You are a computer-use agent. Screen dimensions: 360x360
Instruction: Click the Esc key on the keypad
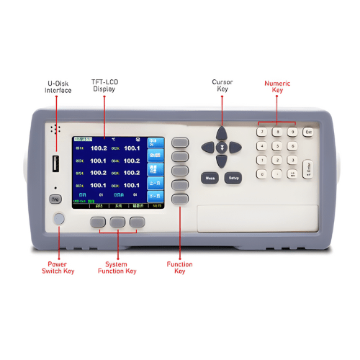click(x=308, y=132)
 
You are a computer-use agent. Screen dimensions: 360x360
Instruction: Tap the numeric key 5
click(x=276, y=146)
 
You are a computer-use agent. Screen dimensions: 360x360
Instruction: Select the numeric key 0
click(x=261, y=174)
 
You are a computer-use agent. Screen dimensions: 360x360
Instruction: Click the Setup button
click(x=233, y=177)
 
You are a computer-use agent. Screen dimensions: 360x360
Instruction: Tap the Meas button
click(x=210, y=177)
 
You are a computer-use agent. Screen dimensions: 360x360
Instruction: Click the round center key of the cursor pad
click(x=222, y=147)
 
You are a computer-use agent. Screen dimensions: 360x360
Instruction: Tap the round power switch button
click(x=58, y=219)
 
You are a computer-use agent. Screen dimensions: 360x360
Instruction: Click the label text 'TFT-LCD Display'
click(x=104, y=86)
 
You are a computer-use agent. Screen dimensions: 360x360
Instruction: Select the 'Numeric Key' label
click(x=277, y=87)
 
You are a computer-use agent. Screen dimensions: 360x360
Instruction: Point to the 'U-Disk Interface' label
click(x=58, y=87)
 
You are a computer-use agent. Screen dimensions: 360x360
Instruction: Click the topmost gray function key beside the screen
click(x=179, y=143)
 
